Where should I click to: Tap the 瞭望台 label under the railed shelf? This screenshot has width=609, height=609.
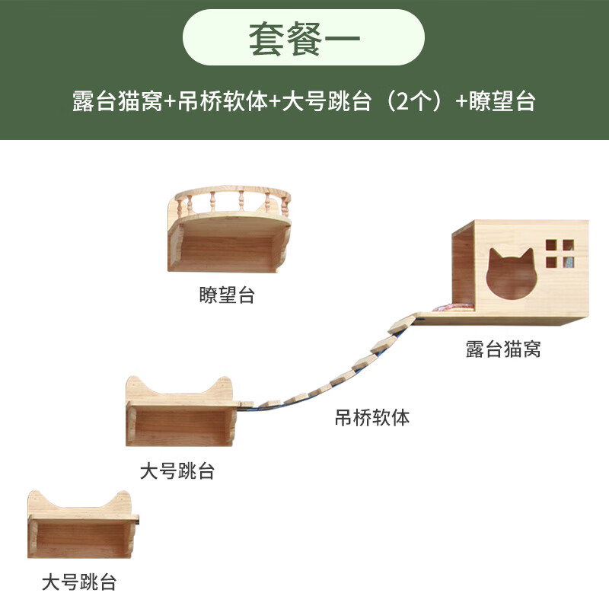click(227, 295)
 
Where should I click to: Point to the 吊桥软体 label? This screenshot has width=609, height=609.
click(372, 417)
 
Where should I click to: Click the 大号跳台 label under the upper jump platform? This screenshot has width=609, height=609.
click(177, 471)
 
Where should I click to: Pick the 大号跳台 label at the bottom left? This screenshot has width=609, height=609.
click(79, 583)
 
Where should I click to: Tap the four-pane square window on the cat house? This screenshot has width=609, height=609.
click(560, 253)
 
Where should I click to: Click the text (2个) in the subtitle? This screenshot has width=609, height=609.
click(415, 101)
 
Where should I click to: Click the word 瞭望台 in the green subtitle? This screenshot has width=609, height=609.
click(502, 101)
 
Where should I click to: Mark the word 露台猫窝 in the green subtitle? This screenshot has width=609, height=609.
click(117, 101)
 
